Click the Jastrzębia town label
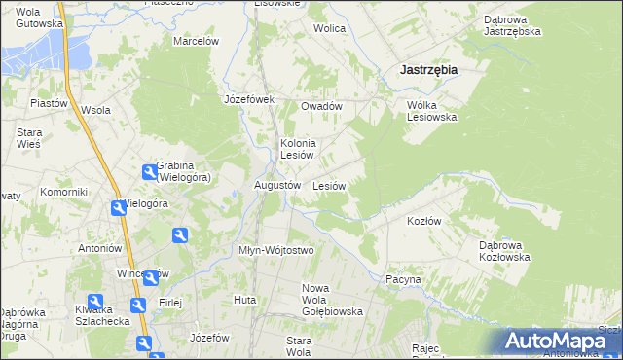(x=429, y=70)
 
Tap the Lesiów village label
(x=330, y=185)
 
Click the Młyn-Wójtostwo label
(x=276, y=250)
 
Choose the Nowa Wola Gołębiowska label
(x=332, y=300)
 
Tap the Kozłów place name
(x=423, y=221)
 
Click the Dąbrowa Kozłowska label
(x=503, y=251)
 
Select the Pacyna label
(x=403, y=279)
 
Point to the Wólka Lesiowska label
(x=431, y=110)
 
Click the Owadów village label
(x=321, y=106)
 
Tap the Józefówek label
(x=250, y=99)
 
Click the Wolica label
(x=329, y=28)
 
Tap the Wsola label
(x=94, y=110)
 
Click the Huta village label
(x=244, y=300)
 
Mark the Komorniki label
(x=63, y=193)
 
